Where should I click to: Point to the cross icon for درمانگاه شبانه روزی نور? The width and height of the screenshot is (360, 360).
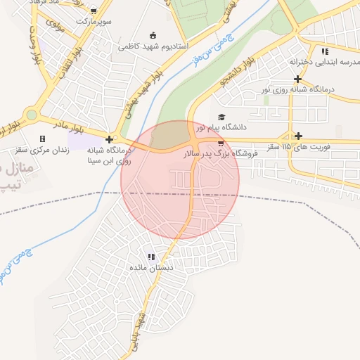click(x=298, y=78)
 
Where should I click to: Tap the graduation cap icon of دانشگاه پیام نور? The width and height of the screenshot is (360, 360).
click(x=221, y=117)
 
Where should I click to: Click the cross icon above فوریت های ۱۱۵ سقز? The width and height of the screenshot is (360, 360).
click(x=299, y=136)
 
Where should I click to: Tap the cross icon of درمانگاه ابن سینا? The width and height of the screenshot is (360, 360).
click(x=109, y=139)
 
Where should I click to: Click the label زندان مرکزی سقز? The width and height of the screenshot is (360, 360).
click(x=43, y=150)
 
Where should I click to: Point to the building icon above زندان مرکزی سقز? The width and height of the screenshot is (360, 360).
click(x=43, y=139)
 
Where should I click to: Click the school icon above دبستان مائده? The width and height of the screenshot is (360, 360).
click(x=150, y=257)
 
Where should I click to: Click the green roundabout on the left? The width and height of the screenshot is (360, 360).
click(x=31, y=115)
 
